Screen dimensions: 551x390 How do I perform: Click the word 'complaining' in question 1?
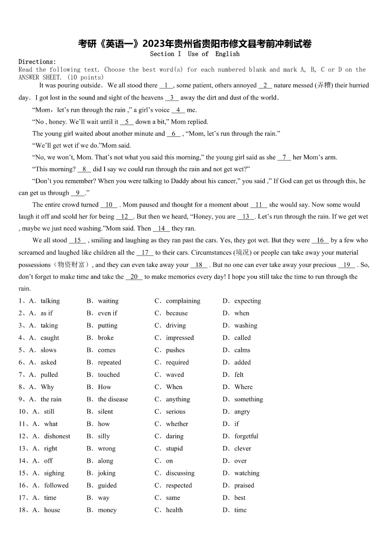183,301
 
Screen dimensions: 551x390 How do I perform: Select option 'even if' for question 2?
108,313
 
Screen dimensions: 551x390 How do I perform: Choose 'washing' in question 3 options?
246,325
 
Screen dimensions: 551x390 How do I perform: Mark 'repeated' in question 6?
110,362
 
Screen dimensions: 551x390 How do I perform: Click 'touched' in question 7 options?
109,374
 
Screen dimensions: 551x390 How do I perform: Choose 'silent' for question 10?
105,411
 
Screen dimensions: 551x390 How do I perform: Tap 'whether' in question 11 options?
177,423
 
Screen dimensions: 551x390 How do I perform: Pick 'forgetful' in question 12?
246,436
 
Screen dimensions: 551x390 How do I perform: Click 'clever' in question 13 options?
243,448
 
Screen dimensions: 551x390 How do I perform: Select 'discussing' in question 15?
180,473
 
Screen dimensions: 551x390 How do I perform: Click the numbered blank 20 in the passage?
134,277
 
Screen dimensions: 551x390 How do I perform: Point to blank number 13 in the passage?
246,216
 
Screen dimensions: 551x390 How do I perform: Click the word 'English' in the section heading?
227,54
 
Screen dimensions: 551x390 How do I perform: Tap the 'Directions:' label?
37,62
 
